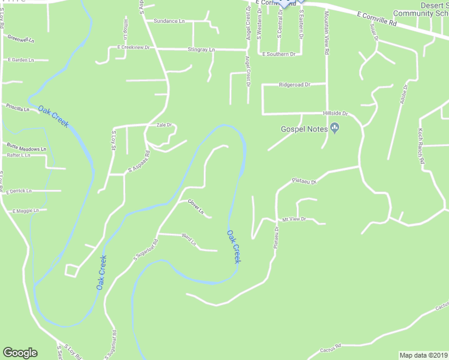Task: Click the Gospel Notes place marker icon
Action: (x=335, y=127)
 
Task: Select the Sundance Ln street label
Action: (x=169, y=21)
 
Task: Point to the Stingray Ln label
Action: (x=201, y=49)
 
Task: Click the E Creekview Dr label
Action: (x=133, y=47)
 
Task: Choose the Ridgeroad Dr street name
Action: (x=294, y=85)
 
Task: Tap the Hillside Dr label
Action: (x=336, y=113)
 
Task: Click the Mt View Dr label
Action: (x=294, y=220)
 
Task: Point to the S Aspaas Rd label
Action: (x=138, y=162)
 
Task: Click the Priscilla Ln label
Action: (x=17, y=109)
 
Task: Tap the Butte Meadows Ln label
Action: (x=26, y=148)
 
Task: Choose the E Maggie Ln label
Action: (x=25, y=211)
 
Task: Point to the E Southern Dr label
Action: (x=279, y=54)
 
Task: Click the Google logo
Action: (x=20, y=353)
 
